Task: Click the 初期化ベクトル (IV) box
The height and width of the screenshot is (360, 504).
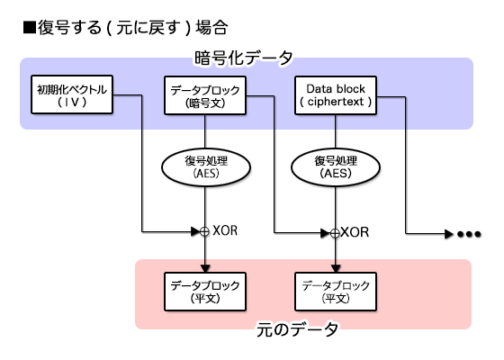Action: coord(71,95)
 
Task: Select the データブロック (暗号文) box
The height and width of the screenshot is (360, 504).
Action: coord(204,95)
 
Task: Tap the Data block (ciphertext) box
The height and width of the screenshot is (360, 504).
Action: coord(337,95)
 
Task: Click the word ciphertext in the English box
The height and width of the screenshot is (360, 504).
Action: coord(337,103)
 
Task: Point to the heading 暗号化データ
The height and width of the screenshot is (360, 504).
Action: coord(244,58)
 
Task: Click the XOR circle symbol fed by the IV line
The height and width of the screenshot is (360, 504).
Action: coord(204,231)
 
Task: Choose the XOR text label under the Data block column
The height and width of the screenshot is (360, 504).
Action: coord(355,231)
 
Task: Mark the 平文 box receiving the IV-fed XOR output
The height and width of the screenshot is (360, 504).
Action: coord(204,291)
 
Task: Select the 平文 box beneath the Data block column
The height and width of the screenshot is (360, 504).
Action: coord(337,291)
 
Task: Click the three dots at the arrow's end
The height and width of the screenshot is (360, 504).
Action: coord(469,234)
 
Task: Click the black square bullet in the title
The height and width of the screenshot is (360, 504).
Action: coord(28,27)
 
